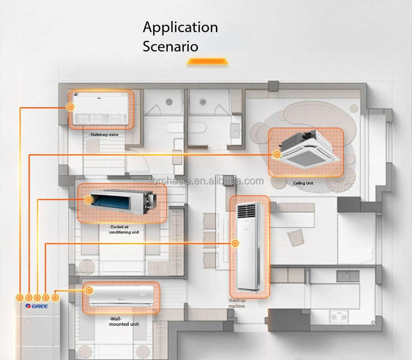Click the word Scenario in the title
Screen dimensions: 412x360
click(x=170, y=46)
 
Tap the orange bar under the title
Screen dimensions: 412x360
click(x=207, y=61)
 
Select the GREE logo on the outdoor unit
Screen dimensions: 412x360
click(x=36, y=306)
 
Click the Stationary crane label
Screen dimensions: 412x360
click(x=103, y=135)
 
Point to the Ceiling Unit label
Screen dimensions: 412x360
click(x=303, y=183)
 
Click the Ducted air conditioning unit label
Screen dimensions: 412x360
click(x=124, y=230)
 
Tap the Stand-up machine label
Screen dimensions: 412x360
click(x=237, y=303)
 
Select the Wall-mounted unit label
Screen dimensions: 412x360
click(x=124, y=321)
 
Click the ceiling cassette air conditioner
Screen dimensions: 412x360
click(x=309, y=149)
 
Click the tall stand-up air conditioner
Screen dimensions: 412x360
click(x=249, y=246)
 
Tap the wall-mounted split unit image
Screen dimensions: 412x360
click(x=121, y=296)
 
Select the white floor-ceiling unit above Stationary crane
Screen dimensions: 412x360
click(x=100, y=108)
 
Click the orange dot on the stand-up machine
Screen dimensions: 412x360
click(x=235, y=243)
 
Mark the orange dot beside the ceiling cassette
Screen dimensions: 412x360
click(x=276, y=154)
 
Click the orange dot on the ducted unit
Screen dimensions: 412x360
click(x=88, y=200)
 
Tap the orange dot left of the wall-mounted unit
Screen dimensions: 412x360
click(x=89, y=290)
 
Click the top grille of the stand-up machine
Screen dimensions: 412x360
click(x=246, y=211)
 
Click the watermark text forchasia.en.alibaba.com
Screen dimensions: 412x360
click(x=206, y=181)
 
